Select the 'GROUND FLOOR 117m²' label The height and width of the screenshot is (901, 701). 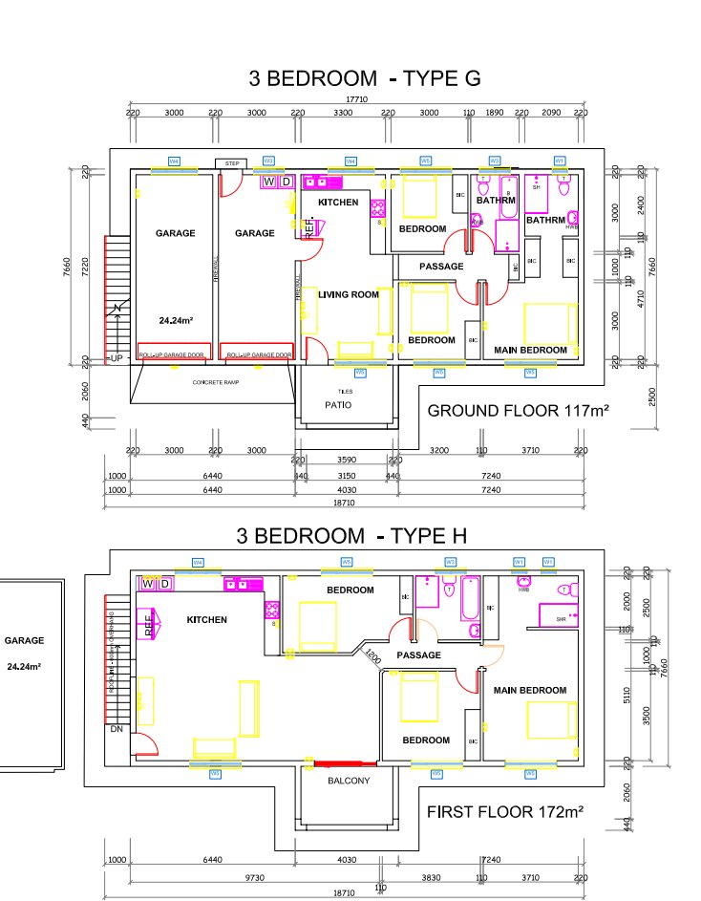[x=518, y=411]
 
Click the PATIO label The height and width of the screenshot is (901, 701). [x=338, y=405]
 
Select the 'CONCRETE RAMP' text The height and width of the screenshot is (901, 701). [x=215, y=382]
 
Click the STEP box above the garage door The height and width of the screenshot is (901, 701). [x=232, y=163]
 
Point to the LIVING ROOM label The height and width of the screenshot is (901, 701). [x=349, y=294]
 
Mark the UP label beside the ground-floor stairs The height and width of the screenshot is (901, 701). [x=117, y=358]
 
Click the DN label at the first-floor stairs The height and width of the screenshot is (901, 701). [x=117, y=729]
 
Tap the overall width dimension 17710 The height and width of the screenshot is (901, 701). [x=357, y=99]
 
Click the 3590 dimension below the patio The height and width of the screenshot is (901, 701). [x=348, y=460]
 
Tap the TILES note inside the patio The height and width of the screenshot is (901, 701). [x=345, y=391]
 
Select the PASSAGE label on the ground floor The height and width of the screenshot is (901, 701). [x=441, y=267]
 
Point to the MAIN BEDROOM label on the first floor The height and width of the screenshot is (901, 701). [x=529, y=690]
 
